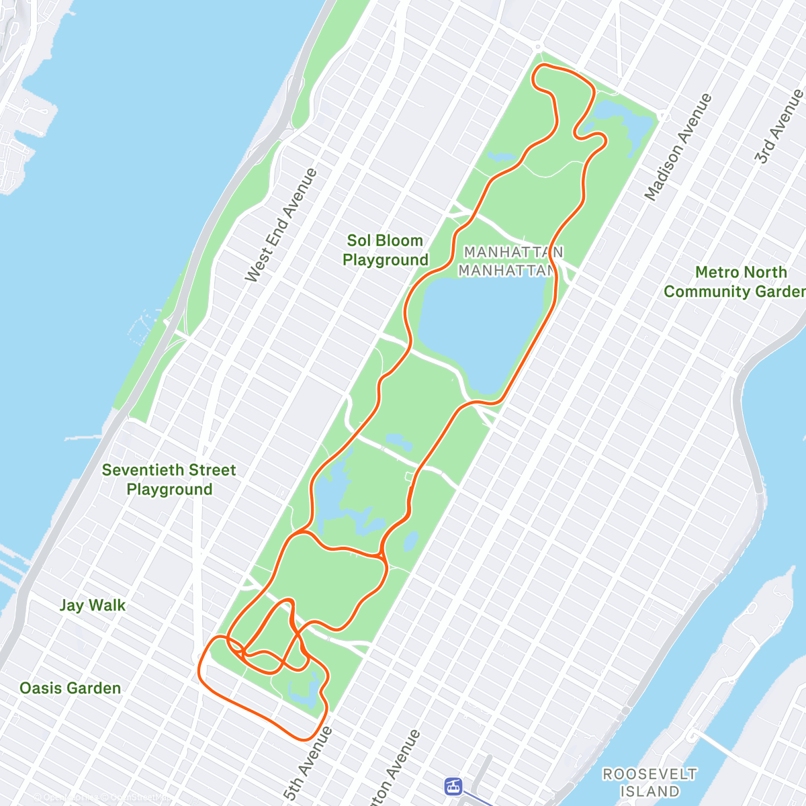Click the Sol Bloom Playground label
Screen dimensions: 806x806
click(x=385, y=251)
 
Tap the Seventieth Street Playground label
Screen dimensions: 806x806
click(x=169, y=480)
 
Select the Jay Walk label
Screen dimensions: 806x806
click(x=93, y=605)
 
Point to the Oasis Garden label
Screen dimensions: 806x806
click(x=71, y=688)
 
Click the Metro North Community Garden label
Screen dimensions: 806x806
click(x=735, y=282)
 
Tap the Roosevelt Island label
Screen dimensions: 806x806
click(x=650, y=782)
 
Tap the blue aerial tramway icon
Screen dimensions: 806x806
click(x=454, y=785)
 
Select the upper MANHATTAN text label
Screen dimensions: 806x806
click(x=514, y=252)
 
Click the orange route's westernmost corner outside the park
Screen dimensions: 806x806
click(x=200, y=668)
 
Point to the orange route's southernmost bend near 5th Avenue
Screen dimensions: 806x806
click(x=306, y=740)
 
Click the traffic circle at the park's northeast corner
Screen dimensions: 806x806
click(x=663, y=116)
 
